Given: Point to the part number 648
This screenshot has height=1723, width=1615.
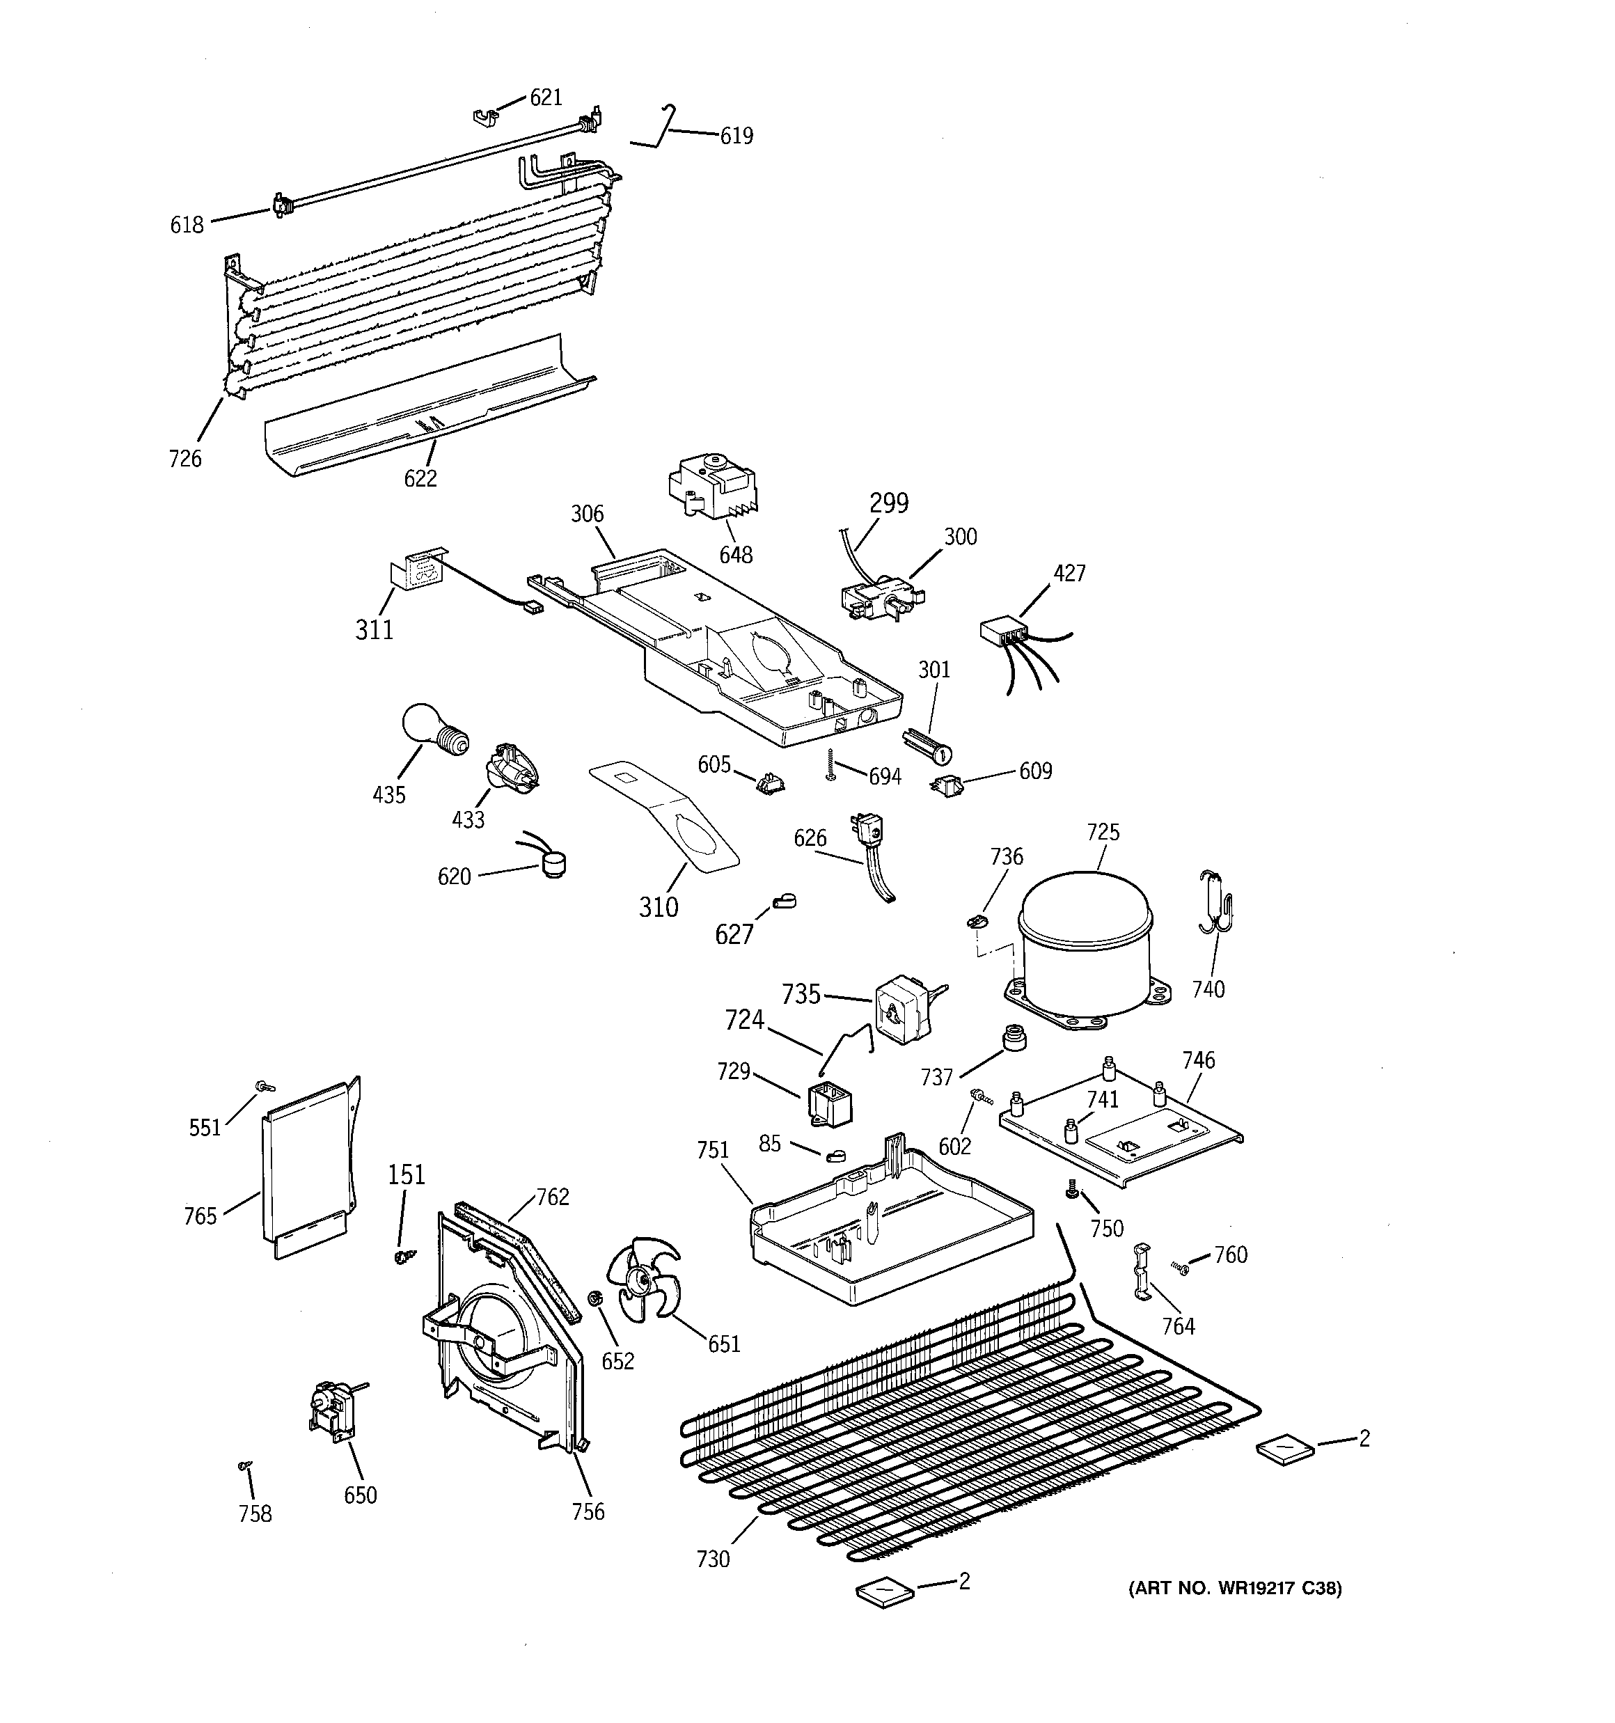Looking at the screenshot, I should click(x=736, y=555).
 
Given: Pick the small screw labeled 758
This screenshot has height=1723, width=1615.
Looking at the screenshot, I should click(x=245, y=1465).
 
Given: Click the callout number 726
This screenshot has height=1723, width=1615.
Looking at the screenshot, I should click(x=185, y=459).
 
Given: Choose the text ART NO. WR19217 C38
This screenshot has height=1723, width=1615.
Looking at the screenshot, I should click(x=1234, y=1588).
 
